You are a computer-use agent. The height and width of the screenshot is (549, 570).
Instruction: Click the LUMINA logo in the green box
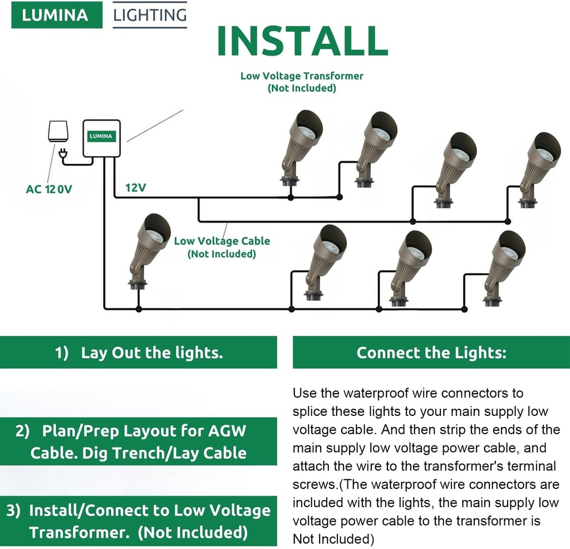pyautogui.click(x=56, y=15)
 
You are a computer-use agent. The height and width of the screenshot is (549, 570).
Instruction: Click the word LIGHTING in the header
pyautogui.click(x=150, y=15)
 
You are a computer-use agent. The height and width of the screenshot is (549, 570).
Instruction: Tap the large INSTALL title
pyautogui.click(x=302, y=40)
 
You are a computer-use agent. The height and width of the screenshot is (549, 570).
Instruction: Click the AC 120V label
pyautogui.click(x=49, y=189)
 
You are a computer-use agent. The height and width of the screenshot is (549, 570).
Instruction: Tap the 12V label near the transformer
pyautogui.click(x=135, y=188)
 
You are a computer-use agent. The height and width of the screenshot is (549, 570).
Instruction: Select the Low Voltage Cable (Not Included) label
pyautogui.click(x=222, y=247)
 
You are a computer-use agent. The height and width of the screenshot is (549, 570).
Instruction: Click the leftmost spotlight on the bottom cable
pyautogui.click(x=146, y=251)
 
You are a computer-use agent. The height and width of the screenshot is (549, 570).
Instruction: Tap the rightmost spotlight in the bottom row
pyautogui.click(x=502, y=267)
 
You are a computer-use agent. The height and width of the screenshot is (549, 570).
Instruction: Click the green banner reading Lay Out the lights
pyautogui.click(x=138, y=353)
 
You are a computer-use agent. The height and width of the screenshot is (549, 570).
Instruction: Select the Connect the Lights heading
pyautogui.click(x=431, y=353)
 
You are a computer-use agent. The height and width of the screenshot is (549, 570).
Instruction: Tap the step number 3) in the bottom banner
pyautogui.click(x=15, y=511)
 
